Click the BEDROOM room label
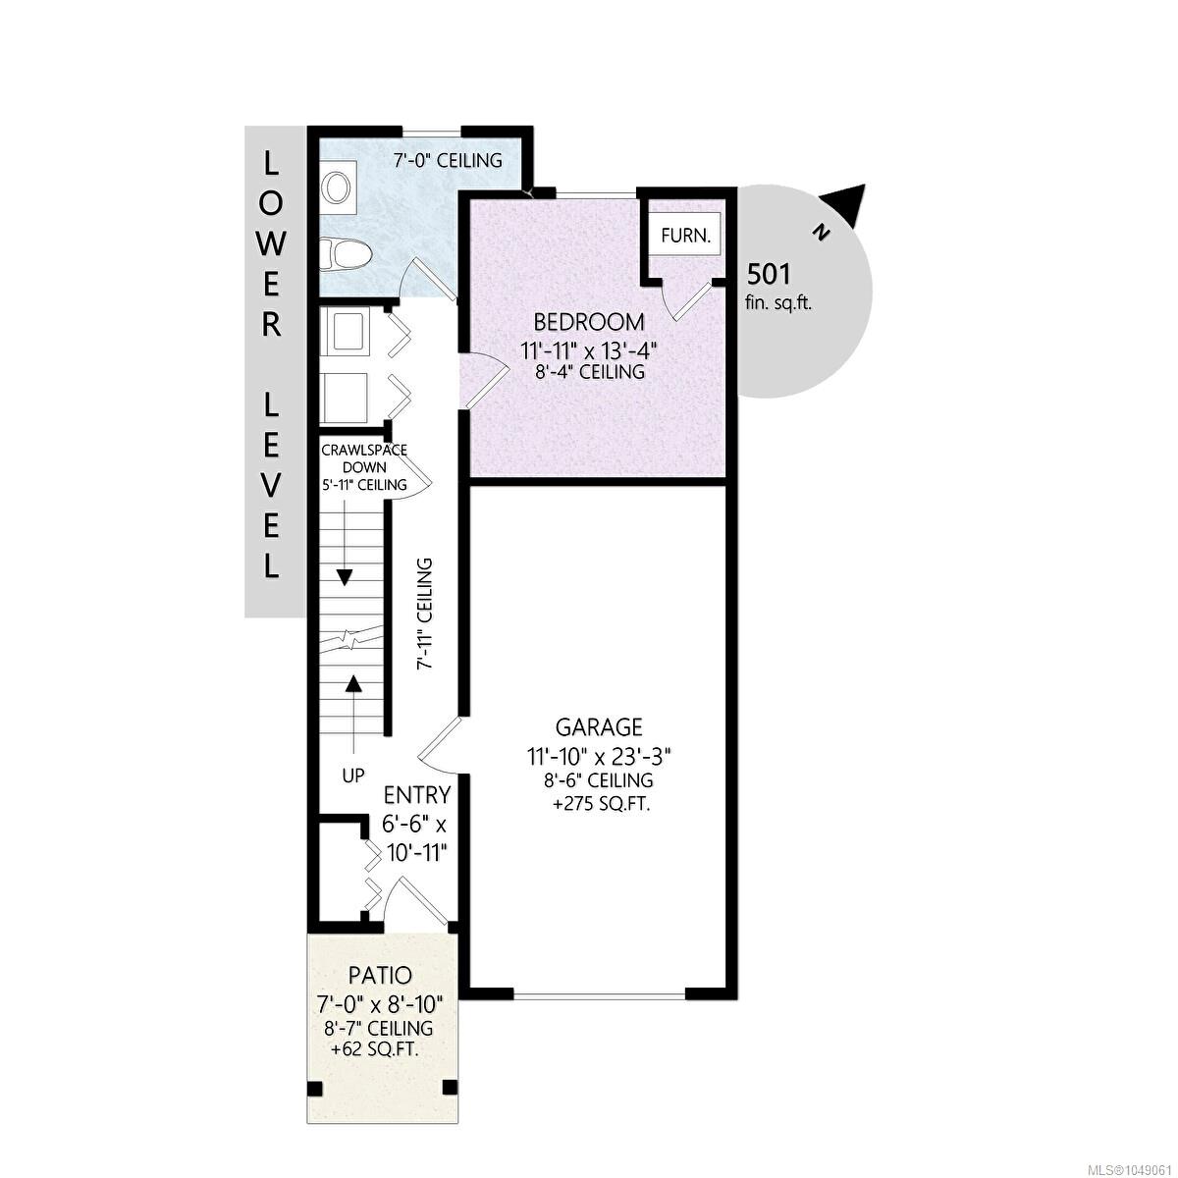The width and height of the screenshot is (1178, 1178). [589, 322]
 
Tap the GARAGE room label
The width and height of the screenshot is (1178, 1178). [599, 727]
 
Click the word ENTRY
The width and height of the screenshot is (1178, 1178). [417, 795]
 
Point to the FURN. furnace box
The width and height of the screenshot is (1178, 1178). [686, 236]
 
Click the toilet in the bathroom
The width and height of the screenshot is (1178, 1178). [346, 254]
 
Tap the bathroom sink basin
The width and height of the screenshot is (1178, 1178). [337, 187]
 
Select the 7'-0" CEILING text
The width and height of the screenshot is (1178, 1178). [447, 160]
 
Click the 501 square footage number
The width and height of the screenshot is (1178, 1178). [769, 274]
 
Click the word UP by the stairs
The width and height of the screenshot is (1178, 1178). [352, 776]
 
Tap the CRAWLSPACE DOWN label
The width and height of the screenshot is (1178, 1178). [364, 458]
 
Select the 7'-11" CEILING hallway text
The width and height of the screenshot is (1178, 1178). [424, 614]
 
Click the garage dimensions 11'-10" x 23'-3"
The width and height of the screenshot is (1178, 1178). [599, 757]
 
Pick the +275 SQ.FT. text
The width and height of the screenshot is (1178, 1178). [601, 805]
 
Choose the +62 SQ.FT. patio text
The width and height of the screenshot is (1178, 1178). [374, 1050]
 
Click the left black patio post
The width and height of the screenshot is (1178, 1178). [314, 1089]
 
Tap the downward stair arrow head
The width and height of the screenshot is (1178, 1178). [345, 577]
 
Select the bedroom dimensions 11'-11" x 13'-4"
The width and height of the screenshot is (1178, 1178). [589, 350]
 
